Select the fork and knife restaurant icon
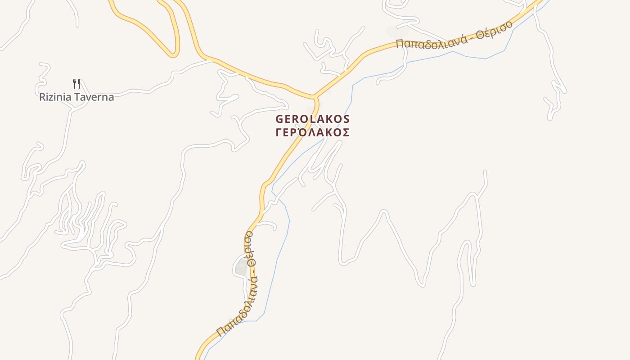[76, 83]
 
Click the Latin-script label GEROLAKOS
[312, 119]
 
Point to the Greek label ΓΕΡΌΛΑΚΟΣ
[312, 133]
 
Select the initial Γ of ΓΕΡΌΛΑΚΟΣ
[278, 133]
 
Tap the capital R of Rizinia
[43, 97]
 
